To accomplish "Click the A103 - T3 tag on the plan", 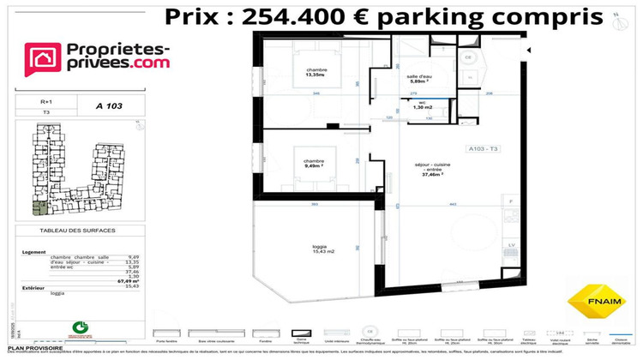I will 484,149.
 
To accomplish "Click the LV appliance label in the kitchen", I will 512,245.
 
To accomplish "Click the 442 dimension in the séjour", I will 452,202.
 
